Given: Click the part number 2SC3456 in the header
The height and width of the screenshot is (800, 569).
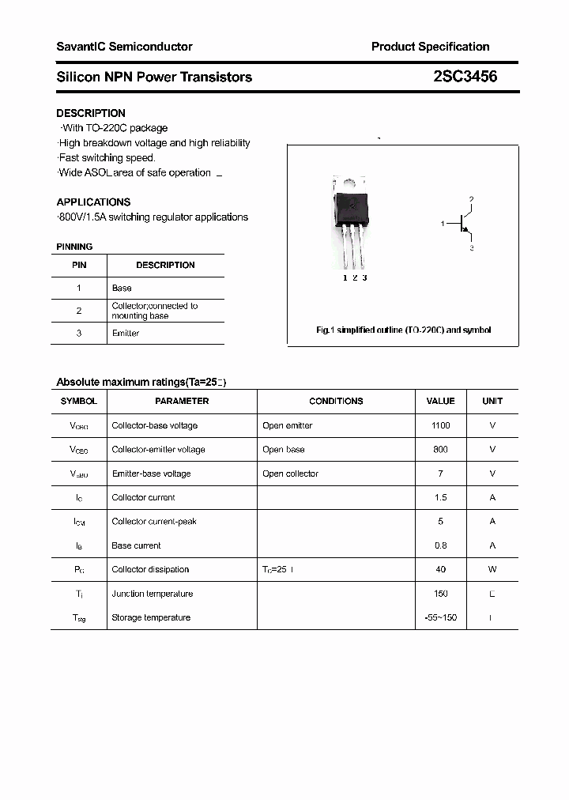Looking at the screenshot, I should tap(465, 77).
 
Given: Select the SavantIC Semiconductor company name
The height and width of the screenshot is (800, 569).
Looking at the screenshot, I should tap(124, 47).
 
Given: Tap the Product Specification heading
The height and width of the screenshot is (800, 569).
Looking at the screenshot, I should tap(430, 47).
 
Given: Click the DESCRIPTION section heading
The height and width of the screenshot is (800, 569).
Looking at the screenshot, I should tap(91, 113).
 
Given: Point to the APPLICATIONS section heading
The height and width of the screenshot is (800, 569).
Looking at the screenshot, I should tap(93, 202).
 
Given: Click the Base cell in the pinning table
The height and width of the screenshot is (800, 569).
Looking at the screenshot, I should tap(122, 288).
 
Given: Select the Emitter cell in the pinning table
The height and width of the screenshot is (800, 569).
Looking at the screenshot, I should tap(126, 333).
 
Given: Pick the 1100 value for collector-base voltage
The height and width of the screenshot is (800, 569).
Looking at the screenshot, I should tap(440, 425).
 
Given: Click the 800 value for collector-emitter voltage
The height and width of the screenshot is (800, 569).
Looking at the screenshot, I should tap(440, 449).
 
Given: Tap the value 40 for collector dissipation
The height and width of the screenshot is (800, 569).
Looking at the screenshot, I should tap(440, 569).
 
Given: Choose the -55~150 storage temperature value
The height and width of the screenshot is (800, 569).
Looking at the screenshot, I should tap(440, 617).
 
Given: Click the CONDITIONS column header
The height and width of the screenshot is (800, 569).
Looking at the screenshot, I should tap(336, 401).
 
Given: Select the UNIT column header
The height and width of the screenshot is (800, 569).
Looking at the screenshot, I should tap(492, 401).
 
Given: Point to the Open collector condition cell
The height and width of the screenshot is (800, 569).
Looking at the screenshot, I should tap(290, 474).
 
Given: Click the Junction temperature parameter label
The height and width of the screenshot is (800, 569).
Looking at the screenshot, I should tap(151, 594).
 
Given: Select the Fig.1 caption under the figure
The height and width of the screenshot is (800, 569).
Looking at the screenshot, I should tap(403, 330).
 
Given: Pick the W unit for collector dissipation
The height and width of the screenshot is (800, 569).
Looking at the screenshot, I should tap(492, 569).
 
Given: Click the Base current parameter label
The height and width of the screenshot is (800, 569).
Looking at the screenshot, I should tap(136, 545).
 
